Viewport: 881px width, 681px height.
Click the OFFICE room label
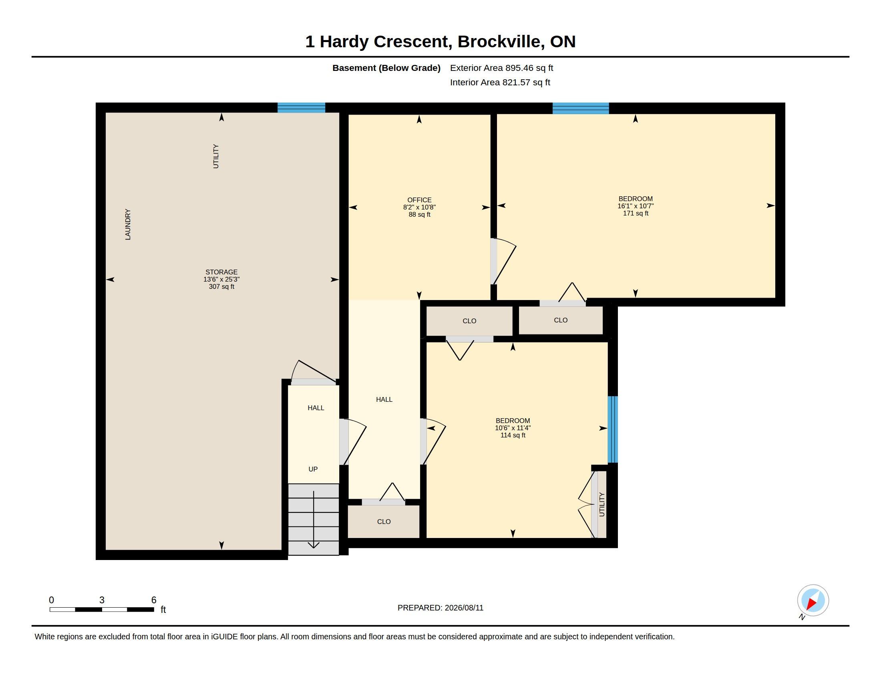pyautogui.click(x=419, y=200)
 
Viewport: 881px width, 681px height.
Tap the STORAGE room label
pyautogui.click(x=221, y=272)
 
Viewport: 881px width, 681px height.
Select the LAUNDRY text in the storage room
pyautogui.click(x=128, y=224)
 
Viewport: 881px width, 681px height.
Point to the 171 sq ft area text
pyautogui.click(x=636, y=214)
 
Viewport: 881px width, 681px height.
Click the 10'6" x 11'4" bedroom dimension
pyautogui.click(x=513, y=428)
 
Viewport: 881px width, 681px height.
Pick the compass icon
pyautogui.click(x=813, y=601)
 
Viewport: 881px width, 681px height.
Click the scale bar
pyautogui.click(x=102, y=609)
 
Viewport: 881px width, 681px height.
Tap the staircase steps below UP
pyautogui.click(x=314, y=519)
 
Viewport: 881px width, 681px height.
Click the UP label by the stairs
pyautogui.click(x=313, y=469)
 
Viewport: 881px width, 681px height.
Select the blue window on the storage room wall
pyautogui.click(x=301, y=108)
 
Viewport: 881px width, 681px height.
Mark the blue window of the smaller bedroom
pyautogui.click(x=613, y=429)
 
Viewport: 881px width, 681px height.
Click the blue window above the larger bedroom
pyautogui.click(x=581, y=108)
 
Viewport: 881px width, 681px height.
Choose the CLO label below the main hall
pyautogui.click(x=384, y=522)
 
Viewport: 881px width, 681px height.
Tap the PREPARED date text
pyautogui.click(x=440, y=608)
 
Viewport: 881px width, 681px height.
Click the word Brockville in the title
pyautogui.click(x=499, y=42)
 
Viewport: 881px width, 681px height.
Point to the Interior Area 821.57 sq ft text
pyautogui.click(x=500, y=82)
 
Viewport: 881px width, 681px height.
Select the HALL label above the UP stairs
pyautogui.click(x=316, y=408)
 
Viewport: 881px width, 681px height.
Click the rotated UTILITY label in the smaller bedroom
pyautogui.click(x=602, y=504)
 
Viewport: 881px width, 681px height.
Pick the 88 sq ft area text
pyautogui.click(x=419, y=215)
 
